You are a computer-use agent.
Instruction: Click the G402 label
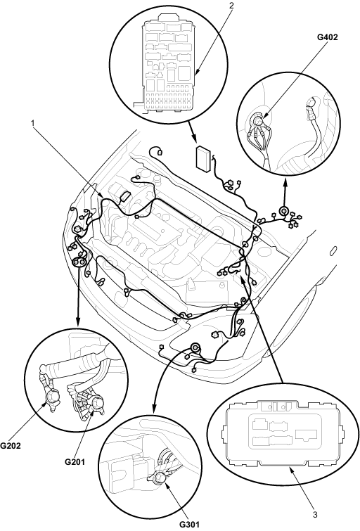click(327, 37)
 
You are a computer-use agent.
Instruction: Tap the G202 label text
click(10, 445)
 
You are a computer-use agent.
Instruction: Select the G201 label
click(75, 461)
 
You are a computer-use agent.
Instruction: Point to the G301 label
click(189, 525)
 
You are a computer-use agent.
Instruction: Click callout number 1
click(33, 124)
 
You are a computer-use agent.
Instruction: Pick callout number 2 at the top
click(231, 6)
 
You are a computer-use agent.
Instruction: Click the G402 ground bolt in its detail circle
click(259, 121)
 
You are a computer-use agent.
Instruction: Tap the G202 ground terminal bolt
click(52, 395)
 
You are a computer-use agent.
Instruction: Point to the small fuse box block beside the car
click(204, 157)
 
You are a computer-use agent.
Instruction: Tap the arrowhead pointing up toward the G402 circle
click(285, 184)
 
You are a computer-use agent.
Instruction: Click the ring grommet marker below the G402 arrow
click(283, 212)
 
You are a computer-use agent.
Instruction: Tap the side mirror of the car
click(333, 250)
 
